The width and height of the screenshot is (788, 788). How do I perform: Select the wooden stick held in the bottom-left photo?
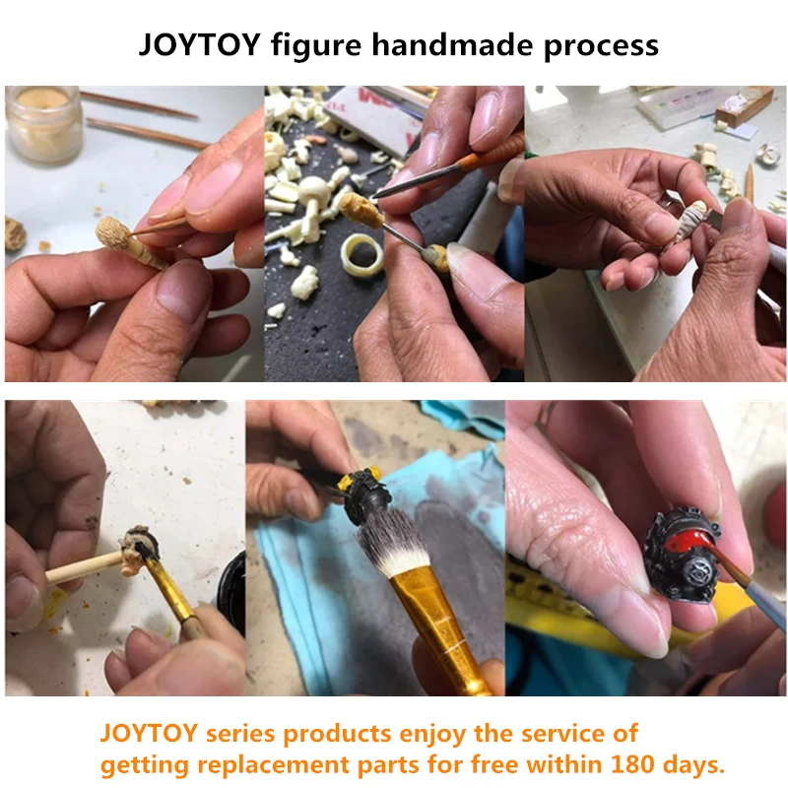coord(84,567)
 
